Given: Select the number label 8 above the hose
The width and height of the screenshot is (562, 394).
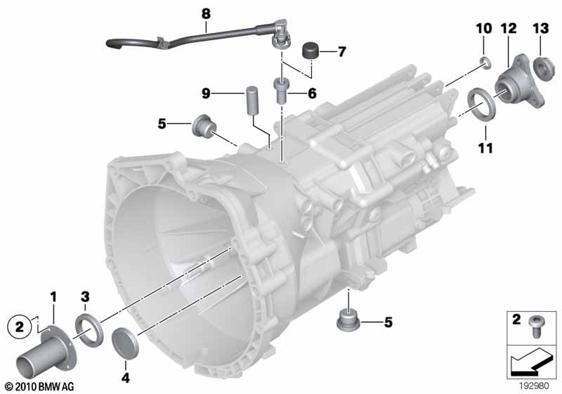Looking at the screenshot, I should tap(205, 13).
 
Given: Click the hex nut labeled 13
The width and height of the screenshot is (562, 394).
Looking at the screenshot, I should tap(542, 67).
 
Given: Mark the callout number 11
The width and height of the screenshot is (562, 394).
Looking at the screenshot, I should tap(486, 148).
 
